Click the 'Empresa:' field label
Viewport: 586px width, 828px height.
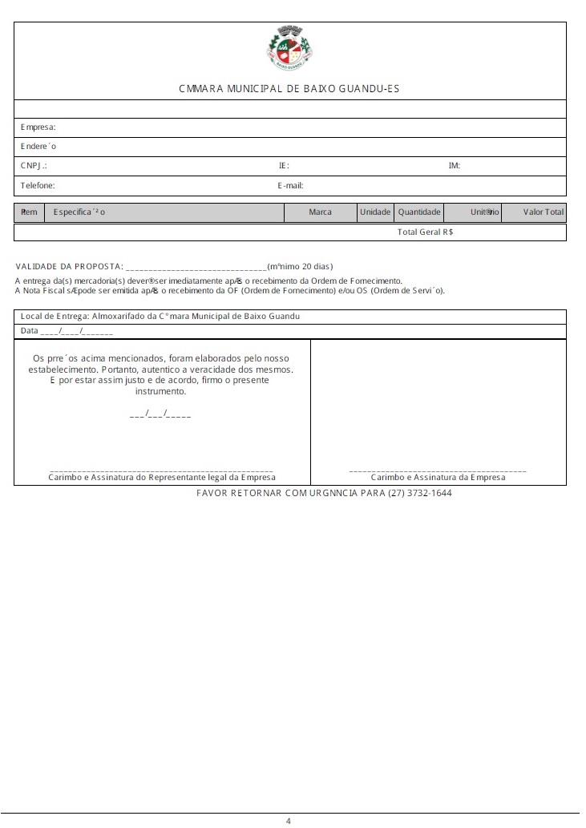coord(38,127)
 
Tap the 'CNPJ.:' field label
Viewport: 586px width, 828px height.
coord(34,166)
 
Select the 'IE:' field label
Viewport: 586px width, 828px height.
coord(284,166)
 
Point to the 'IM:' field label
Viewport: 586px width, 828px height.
coord(454,166)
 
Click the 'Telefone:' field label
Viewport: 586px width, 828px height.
coord(38,185)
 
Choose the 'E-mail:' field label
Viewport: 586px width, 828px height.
coord(290,185)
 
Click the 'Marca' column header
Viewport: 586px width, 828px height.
coord(320,212)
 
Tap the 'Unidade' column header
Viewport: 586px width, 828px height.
coord(375,212)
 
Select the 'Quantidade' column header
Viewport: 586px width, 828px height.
coord(419,212)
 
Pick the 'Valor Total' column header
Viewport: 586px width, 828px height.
coord(544,212)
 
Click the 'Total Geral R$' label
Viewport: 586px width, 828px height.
coord(425,232)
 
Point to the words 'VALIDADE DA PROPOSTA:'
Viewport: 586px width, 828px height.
coord(70,266)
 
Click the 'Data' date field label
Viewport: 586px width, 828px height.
coord(29,331)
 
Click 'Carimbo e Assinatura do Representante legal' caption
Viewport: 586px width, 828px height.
coord(161,477)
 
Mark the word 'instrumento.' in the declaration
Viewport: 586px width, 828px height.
coord(160,392)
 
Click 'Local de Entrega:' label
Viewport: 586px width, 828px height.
coord(54,316)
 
